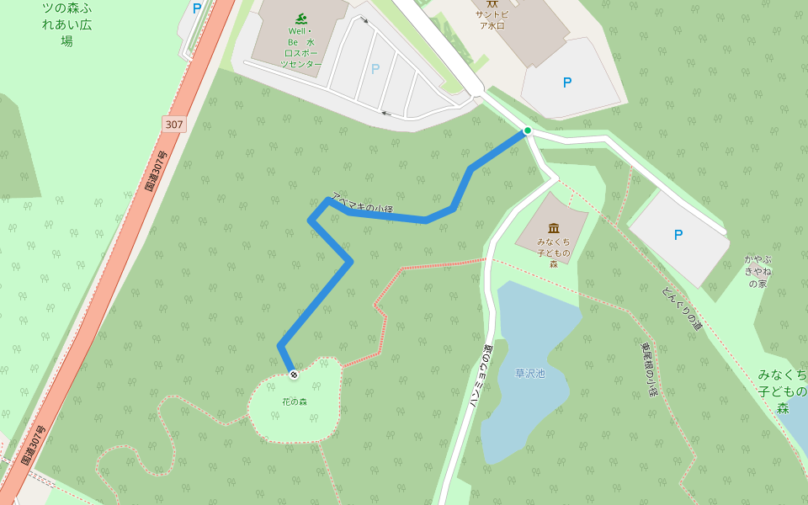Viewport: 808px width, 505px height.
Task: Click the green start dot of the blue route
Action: tap(527, 130)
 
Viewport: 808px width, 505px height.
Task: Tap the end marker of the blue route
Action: tap(293, 374)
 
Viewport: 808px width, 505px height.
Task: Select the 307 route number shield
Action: tap(173, 125)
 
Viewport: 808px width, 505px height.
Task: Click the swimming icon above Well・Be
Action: tap(300, 19)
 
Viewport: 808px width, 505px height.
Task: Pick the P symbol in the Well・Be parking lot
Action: tap(375, 69)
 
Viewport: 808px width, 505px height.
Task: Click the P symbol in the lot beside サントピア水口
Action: tap(567, 82)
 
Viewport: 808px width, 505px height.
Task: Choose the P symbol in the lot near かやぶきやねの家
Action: tap(678, 235)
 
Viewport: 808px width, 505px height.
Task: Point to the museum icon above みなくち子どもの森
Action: tap(554, 228)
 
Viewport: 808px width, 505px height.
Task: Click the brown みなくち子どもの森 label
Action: tap(554, 252)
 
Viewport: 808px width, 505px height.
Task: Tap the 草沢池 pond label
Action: tap(530, 373)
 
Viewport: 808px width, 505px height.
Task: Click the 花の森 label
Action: tap(295, 401)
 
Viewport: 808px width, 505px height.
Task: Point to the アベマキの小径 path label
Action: tap(363, 203)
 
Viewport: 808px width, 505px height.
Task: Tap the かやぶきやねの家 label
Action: tap(757, 271)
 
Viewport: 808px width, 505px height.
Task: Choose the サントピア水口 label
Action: tap(492, 19)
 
